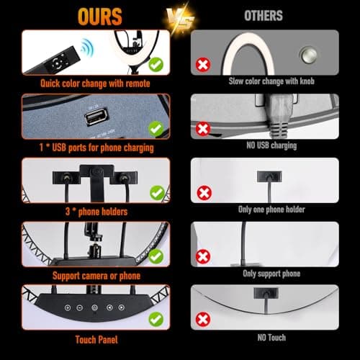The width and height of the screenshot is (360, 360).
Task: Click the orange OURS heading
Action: click(100, 17)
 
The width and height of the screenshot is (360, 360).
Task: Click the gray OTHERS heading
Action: click(264, 16)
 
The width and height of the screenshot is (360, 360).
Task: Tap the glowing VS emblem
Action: click(181, 20)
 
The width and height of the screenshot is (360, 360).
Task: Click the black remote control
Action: click(53, 61)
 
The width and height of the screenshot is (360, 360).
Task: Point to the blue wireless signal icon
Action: click(87, 48)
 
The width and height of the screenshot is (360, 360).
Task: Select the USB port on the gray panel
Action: click(96, 117)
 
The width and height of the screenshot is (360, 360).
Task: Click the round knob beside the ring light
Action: click(308, 55)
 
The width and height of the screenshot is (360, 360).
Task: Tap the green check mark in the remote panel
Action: click(156, 64)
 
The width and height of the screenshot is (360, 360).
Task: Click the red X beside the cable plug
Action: click(203, 129)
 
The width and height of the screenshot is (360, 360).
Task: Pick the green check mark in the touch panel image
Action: click(156, 319)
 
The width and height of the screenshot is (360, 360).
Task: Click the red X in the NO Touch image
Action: click(203, 320)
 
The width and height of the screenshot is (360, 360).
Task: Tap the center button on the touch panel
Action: click(95, 307)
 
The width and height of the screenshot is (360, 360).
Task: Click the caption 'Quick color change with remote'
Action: click(95, 84)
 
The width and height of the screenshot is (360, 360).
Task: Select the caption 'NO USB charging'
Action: click(271, 145)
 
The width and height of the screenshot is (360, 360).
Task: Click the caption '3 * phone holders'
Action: click(96, 212)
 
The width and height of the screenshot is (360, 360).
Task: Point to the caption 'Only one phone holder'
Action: click(271, 210)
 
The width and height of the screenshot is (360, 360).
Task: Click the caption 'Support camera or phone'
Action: click(96, 276)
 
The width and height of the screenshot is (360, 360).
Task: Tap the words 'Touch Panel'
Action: click(96, 340)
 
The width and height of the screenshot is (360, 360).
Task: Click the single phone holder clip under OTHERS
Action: click(269, 176)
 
